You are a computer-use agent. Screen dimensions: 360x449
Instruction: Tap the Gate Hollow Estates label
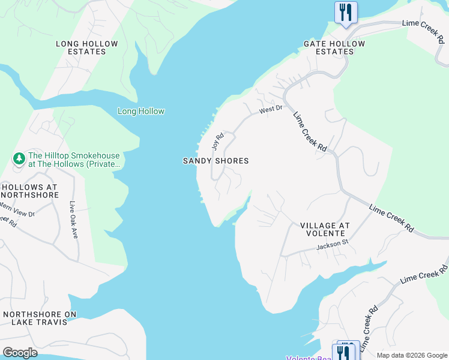tap(334, 47)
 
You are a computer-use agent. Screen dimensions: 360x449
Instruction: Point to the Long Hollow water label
tap(141, 111)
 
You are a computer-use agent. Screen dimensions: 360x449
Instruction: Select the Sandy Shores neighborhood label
tap(215, 161)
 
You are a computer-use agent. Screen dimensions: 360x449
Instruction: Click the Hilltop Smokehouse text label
tap(74, 160)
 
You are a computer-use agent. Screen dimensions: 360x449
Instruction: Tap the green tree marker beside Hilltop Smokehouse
tap(19, 159)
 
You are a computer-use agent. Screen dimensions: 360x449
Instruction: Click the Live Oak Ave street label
tap(74, 219)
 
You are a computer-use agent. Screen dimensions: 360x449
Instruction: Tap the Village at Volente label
tap(325, 229)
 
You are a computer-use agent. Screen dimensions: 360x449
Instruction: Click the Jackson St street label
tap(333, 245)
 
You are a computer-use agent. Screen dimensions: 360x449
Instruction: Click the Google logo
tap(20, 352)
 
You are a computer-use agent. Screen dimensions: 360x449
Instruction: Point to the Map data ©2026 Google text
tap(411, 355)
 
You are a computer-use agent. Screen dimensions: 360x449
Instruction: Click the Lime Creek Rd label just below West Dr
tap(310, 132)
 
